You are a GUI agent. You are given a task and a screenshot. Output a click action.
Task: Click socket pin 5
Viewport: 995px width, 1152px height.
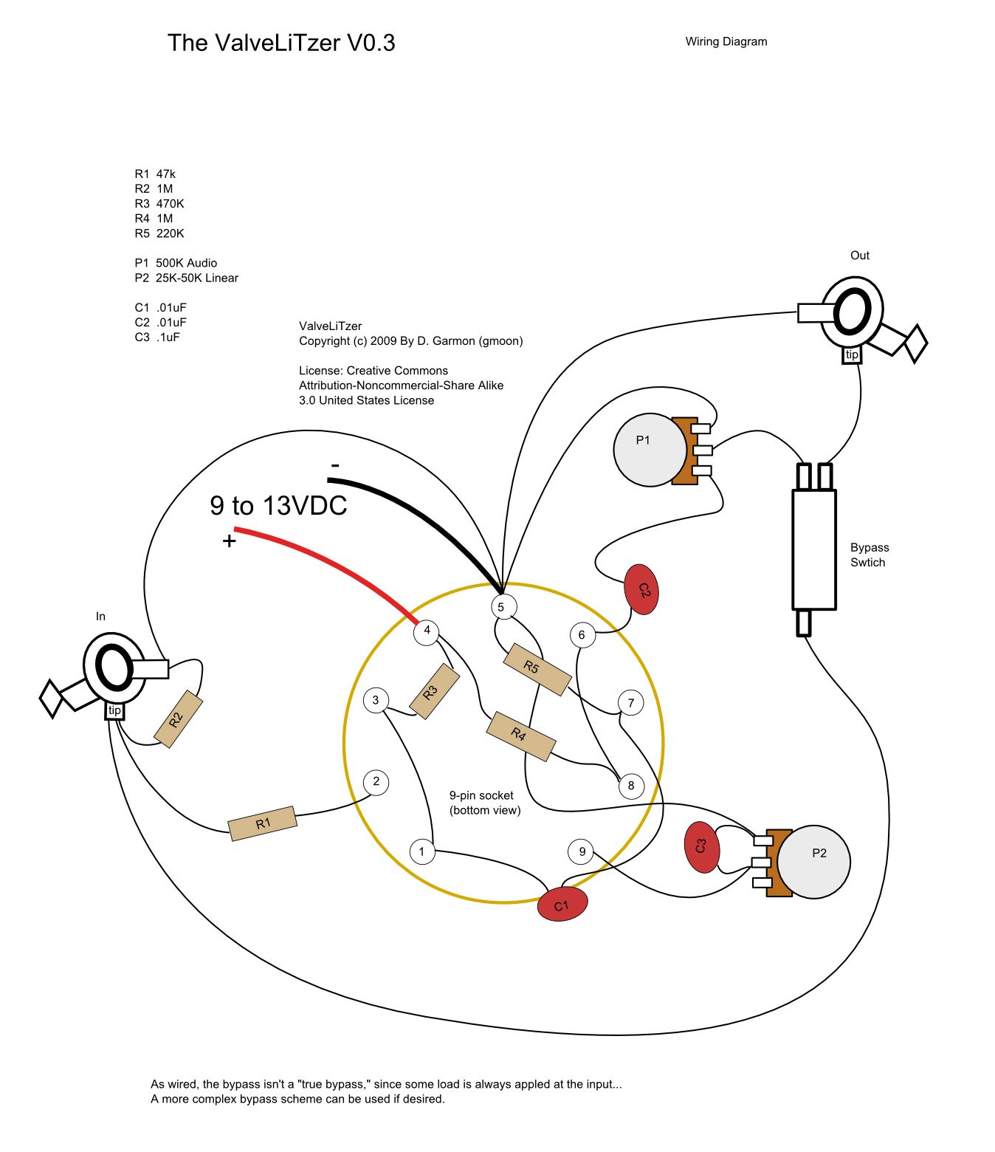[x=501, y=607]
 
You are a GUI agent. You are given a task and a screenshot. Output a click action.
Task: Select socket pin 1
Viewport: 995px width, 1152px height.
[x=422, y=851]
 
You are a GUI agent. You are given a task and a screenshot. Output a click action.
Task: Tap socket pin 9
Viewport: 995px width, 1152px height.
[x=582, y=851]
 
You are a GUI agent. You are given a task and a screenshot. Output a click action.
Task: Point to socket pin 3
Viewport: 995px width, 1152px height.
[x=376, y=700]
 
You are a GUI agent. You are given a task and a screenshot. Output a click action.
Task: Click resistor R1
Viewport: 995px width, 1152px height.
[x=263, y=823]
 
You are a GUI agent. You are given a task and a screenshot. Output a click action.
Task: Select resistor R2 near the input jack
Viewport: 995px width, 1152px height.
[x=178, y=719]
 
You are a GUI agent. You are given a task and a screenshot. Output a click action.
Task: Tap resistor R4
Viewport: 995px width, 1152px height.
[x=520, y=736]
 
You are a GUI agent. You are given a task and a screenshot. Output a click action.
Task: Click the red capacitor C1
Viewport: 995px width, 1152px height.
[x=562, y=905]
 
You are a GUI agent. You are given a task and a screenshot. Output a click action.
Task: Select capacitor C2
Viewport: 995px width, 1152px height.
[x=641, y=589]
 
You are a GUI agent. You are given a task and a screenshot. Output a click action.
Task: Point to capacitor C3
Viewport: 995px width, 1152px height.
[x=700, y=847]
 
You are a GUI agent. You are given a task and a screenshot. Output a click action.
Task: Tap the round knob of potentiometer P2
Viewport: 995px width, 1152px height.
[x=816, y=862]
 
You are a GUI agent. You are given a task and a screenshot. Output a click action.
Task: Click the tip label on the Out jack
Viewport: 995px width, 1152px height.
[x=852, y=355]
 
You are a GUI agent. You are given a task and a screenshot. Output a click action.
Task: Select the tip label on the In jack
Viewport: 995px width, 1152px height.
[x=114, y=710]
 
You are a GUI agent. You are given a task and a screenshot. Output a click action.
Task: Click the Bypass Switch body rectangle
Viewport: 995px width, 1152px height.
[x=813, y=549]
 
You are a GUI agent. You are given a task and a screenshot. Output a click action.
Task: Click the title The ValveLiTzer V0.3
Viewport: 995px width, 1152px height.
[x=281, y=43]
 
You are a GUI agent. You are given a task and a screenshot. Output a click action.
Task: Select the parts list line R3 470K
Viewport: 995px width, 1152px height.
[x=159, y=204]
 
